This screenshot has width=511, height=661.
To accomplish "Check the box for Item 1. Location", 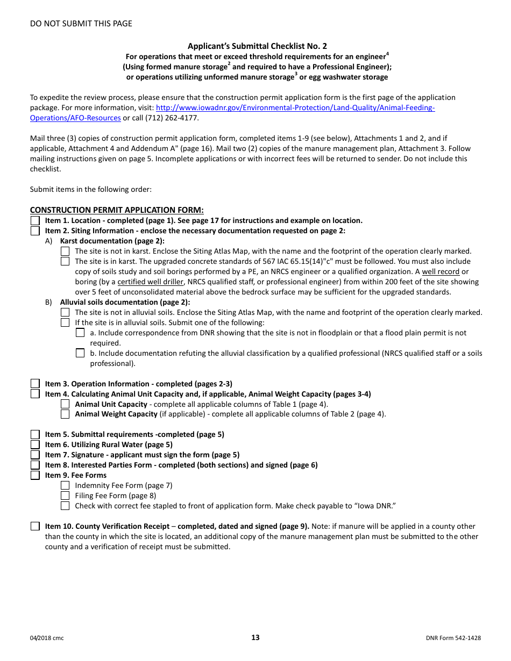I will [x=35, y=221].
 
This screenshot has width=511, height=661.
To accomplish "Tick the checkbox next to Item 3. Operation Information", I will [x=35, y=384].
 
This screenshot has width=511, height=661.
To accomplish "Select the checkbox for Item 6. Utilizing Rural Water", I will [x=35, y=444].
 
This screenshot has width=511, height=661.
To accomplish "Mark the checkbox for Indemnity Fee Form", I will [x=65, y=485].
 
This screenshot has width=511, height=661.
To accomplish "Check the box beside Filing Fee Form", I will [x=65, y=495].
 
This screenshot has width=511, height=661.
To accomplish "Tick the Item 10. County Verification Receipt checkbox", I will [x=35, y=527].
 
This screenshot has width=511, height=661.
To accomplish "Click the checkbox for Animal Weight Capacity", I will [x=65, y=414].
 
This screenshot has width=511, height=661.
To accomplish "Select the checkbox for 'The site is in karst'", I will [x=65, y=261].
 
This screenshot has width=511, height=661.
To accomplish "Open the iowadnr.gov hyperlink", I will [x=295, y=108].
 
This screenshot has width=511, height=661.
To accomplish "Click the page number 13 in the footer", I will [x=255, y=638].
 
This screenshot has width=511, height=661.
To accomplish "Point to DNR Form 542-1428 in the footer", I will [x=452, y=638].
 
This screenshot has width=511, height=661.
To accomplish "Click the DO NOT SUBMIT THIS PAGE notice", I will [x=81, y=24].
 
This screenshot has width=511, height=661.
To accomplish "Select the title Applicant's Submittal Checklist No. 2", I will [x=257, y=47].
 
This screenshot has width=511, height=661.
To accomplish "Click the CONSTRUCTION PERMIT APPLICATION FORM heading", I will [x=117, y=210].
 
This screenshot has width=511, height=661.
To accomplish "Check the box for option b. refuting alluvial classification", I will [x=80, y=353].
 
